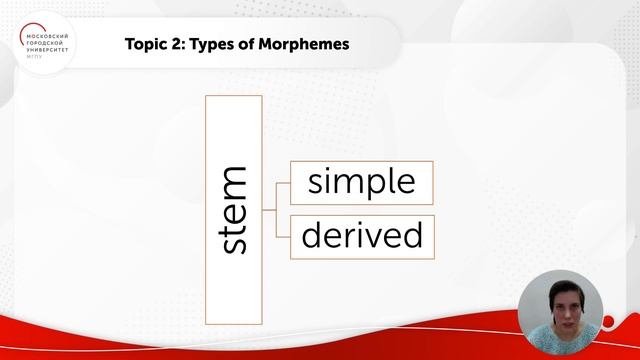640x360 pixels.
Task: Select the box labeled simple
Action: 361,182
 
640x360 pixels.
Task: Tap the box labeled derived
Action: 361,236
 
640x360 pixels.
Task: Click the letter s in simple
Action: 315,183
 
